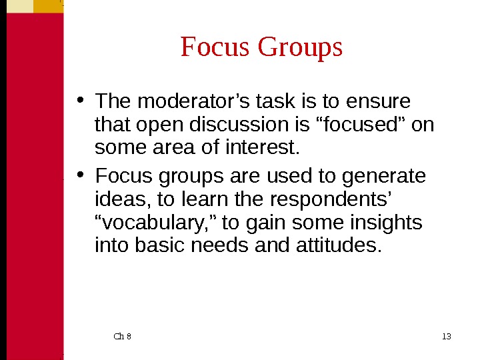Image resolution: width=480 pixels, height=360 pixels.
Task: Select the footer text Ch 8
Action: pyautogui.click(x=123, y=336)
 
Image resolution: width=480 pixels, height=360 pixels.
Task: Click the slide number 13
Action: pyautogui.click(x=446, y=336)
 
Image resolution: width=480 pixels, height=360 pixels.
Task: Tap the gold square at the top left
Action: pyautogui.click(x=48, y=6)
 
